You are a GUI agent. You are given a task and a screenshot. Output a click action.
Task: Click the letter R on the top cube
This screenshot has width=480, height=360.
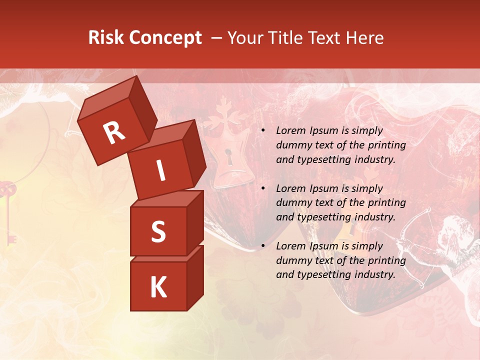114,132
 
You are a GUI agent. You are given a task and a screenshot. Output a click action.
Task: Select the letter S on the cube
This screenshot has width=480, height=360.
158,231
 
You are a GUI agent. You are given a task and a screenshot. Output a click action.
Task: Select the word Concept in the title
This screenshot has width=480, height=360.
166,38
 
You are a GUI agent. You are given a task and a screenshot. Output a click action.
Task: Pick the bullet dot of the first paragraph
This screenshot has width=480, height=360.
263,131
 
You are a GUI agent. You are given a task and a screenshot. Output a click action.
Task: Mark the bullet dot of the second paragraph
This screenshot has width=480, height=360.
263,188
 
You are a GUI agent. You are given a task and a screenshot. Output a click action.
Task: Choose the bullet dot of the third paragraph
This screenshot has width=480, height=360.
263,246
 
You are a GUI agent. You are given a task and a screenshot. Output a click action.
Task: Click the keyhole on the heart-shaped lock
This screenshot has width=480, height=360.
229,157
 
